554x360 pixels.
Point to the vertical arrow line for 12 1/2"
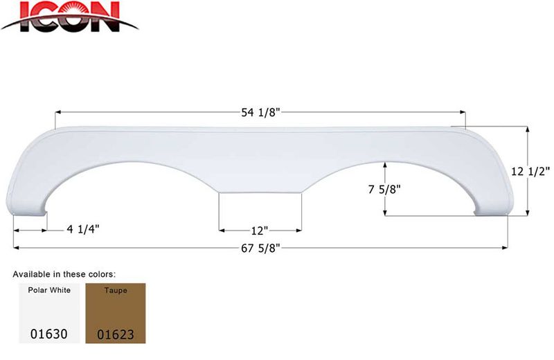[x=528, y=171]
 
